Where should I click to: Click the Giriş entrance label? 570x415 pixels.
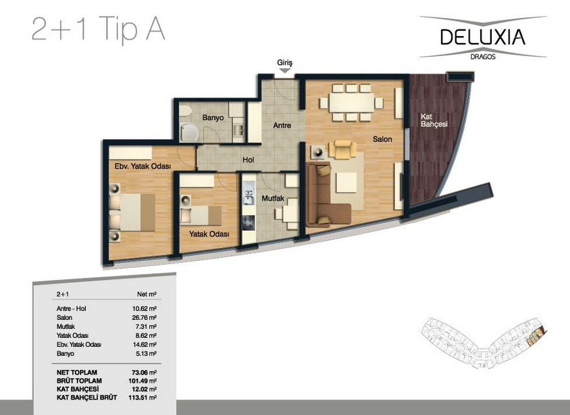[x=284, y=62]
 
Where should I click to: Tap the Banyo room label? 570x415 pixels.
[x=213, y=118]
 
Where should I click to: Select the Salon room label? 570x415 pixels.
[x=383, y=139]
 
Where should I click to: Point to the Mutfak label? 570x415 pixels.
[x=273, y=198]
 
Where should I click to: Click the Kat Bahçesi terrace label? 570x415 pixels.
[x=434, y=120]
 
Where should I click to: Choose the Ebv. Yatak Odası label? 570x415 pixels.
[x=142, y=166]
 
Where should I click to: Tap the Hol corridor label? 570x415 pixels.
[x=248, y=159]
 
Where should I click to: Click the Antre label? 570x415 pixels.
[x=282, y=125]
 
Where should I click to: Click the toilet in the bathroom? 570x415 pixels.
[x=185, y=111]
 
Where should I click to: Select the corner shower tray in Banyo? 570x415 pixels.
[x=189, y=132]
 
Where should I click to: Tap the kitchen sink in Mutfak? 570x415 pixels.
[x=249, y=193]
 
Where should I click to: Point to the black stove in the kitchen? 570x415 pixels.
[x=249, y=222]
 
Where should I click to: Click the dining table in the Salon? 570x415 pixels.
[x=352, y=103]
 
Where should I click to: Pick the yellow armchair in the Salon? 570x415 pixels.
[x=342, y=149]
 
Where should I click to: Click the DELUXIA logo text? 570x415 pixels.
[x=483, y=37]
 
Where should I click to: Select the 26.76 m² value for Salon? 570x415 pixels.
[x=144, y=318]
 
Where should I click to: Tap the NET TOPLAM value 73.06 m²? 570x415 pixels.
[x=144, y=372]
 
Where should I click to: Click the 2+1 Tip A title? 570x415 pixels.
[x=99, y=29]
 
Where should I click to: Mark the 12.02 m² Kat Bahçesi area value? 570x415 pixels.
[x=144, y=389]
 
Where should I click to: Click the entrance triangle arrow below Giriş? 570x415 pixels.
[x=285, y=71]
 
